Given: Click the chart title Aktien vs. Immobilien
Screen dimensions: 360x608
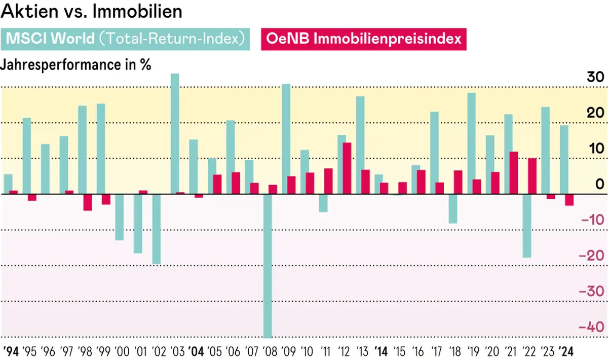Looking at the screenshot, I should coord(92,12).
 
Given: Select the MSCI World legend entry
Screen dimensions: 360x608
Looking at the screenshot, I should coord(126,39).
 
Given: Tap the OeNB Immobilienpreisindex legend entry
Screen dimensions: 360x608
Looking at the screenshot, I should coord(363,39).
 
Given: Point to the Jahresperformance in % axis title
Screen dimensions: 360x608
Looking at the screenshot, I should coord(78,65).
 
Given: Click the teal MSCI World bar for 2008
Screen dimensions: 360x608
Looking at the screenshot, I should coord(268,266).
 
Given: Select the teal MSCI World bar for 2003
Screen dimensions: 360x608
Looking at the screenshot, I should coord(175,134).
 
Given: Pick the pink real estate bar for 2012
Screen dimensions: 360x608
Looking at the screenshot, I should coord(347,168).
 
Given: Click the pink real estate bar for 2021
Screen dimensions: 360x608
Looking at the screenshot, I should coord(514,172).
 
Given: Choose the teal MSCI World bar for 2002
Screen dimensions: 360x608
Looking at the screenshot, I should coord(157,229).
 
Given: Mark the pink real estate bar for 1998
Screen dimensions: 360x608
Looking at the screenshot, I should coord(88,202).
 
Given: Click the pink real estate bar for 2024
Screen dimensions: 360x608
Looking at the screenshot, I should coord(569,199).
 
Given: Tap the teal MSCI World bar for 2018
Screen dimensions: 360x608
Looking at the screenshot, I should coord(452,208).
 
